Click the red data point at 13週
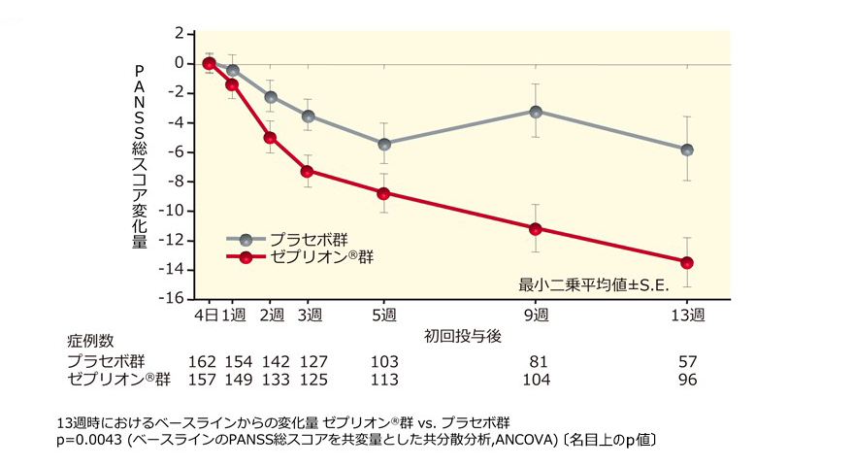point(687,262)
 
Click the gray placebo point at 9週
point(535,111)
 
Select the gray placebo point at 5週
point(384,144)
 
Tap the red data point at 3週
point(308,171)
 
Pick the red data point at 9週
point(535,228)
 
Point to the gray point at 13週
point(687,150)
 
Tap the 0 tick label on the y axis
point(180,63)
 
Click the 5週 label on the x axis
point(384,316)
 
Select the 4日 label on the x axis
point(208,316)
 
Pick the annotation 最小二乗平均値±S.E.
point(588,284)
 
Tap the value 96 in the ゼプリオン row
point(687,379)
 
